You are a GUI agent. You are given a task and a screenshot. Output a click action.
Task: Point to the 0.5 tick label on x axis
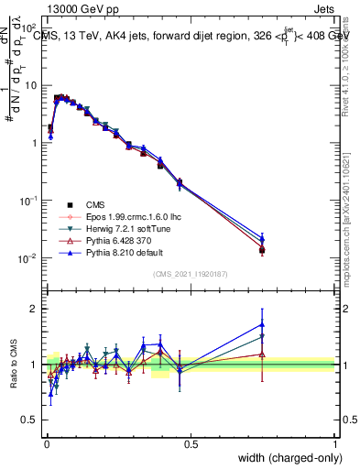[x=191, y=444]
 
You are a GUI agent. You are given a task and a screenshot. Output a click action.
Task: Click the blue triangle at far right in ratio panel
[x=262, y=324]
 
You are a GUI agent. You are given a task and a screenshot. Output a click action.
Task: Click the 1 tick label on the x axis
[x=335, y=444]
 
